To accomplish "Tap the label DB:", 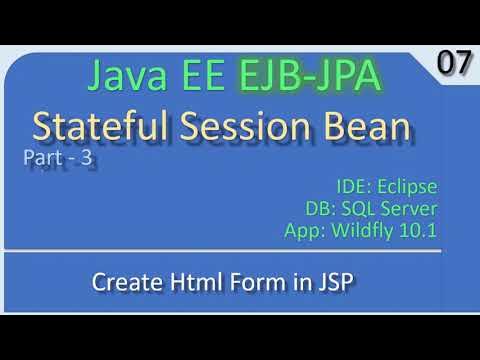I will click(x=324, y=209).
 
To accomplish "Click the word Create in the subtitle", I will click(x=124, y=283).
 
